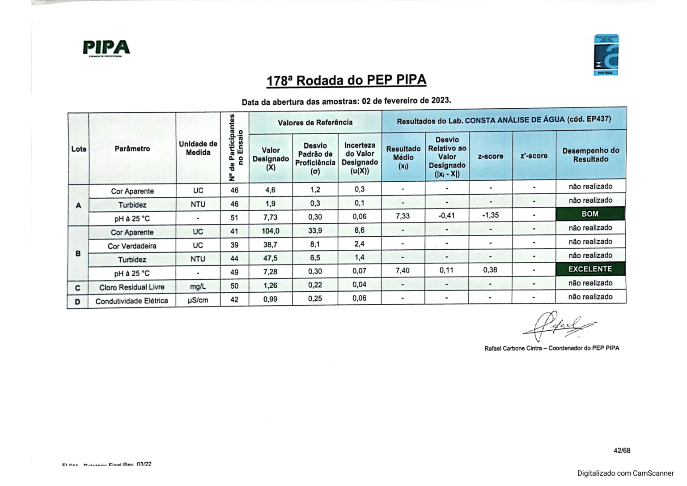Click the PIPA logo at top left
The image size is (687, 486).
click(106, 47)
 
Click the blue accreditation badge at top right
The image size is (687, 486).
click(606, 55)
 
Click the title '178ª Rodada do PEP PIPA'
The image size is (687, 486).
click(346, 81)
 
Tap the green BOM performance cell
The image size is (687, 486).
click(590, 214)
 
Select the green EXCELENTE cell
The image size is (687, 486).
click(590, 269)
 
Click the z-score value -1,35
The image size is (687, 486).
click(490, 215)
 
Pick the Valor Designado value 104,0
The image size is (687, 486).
click(270, 231)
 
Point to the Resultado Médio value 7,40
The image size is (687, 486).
click(403, 270)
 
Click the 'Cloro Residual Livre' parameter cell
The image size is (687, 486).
click(132, 287)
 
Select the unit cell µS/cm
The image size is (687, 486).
click(198, 300)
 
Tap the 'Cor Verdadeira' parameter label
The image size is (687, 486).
click(132, 246)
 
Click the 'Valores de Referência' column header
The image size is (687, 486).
click(315, 123)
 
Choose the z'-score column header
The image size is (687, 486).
click(534, 156)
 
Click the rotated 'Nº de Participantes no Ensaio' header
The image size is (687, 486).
click(235, 148)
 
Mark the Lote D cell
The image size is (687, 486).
click(78, 302)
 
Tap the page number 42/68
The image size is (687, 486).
click(622, 451)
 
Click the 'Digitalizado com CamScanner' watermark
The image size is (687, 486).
click(625, 473)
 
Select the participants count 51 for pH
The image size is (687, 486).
click(234, 218)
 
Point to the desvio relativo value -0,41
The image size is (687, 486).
click(446, 216)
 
